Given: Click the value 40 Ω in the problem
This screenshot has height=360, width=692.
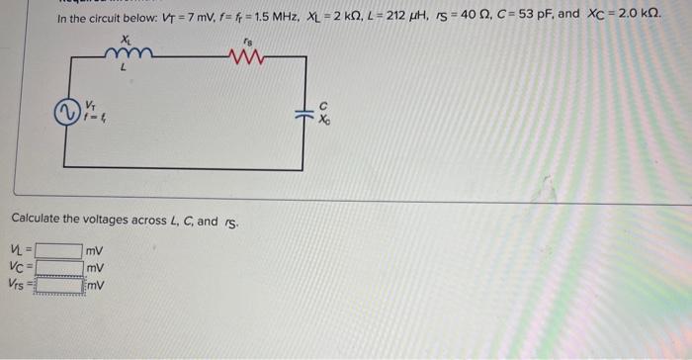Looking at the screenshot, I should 450,18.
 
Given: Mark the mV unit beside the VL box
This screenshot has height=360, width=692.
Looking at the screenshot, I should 96,251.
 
